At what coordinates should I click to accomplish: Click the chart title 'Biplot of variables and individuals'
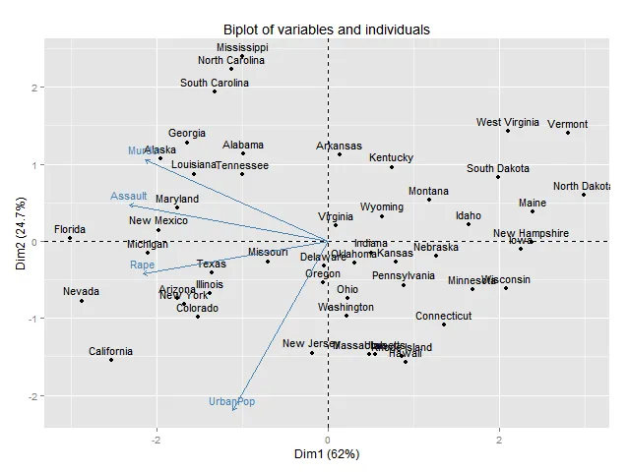pyautogui.click(x=326, y=29)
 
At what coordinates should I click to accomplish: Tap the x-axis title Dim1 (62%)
pyautogui.click(x=326, y=454)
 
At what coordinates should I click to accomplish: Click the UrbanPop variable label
pyautogui.click(x=231, y=402)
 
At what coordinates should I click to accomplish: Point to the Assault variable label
pyautogui.click(x=128, y=197)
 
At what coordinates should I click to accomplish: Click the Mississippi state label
pyautogui.click(x=242, y=47)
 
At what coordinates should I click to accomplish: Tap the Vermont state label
pyautogui.click(x=568, y=125)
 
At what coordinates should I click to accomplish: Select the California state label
pyautogui.click(x=110, y=351)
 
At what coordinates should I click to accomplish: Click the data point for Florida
pyautogui.click(x=70, y=238)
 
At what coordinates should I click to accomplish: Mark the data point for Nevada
pyautogui.click(x=82, y=301)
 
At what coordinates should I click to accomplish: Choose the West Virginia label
pyautogui.click(x=507, y=123)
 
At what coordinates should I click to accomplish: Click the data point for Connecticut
pyautogui.click(x=444, y=324)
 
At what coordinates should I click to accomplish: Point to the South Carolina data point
pyautogui.click(x=215, y=91)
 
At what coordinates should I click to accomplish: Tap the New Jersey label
pyautogui.click(x=310, y=344)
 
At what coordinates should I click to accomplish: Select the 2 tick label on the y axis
pyautogui.click(x=33, y=88)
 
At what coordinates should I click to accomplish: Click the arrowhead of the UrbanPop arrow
pyautogui.click(x=233, y=411)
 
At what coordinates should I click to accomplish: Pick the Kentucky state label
pyautogui.click(x=391, y=158)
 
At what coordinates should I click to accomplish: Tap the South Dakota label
pyautogui.click(x=497, y=168)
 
